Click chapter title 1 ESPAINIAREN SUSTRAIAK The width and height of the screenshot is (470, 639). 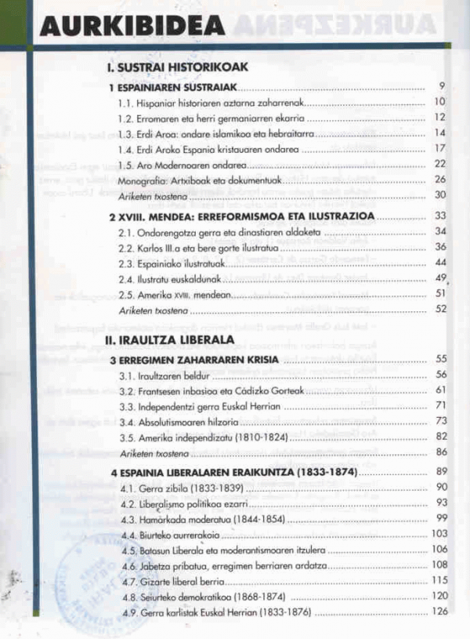pyautogui.click(x=173, y=88)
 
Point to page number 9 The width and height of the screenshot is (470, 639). pyautogui.click(x=442, y=86)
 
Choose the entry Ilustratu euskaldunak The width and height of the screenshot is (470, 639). pyautogui.click(x=164, y=278)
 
